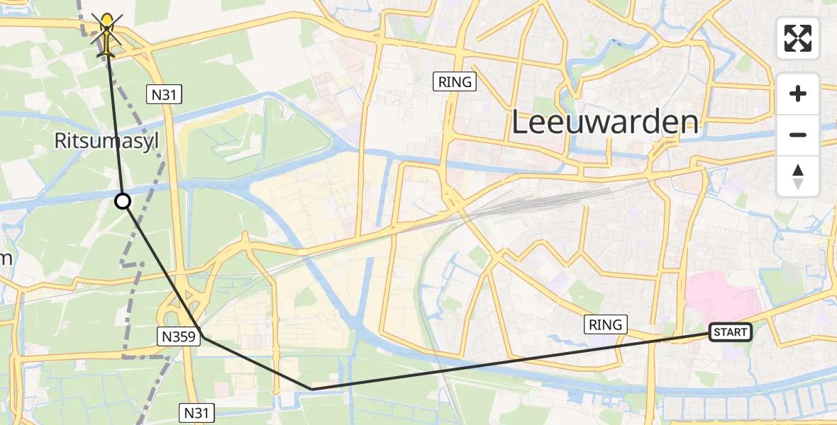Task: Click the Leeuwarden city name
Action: tap(604, 123)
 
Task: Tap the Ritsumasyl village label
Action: tap(106, 142)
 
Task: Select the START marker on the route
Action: tap(730, 331)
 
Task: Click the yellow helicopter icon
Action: tap(107, 35)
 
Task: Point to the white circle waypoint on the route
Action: tap(123, 202)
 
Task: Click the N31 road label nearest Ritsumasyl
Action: tap(165, 93)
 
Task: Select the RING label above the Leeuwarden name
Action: tap(455, 82)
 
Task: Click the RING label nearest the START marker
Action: tap(605, 325)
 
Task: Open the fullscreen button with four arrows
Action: tap(798, 38)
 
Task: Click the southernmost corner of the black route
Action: tap(311, 389)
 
